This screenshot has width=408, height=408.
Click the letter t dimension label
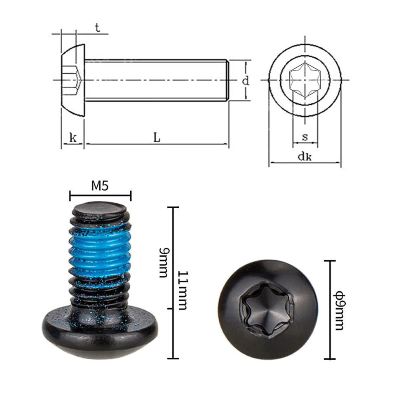(98, 28)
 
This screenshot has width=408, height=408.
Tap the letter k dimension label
(73, 138)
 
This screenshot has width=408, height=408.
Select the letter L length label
(157, 137)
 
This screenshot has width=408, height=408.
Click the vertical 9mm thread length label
(164, 263)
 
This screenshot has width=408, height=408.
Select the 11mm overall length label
(183, 291)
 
